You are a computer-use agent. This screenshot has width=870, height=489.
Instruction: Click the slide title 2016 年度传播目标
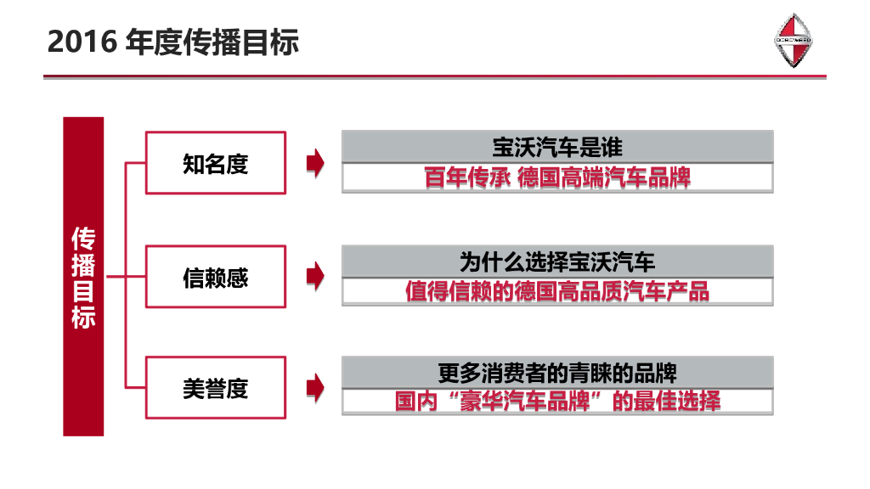(x=173, y=42)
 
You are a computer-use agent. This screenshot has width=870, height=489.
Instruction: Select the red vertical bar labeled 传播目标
(x=83, y=276)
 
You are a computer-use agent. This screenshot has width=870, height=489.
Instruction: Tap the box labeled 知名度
(x=215, y=163)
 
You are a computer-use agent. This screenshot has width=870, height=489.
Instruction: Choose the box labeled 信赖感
(x=215, y=277)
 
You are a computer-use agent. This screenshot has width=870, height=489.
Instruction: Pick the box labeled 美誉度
(x=215, y=389)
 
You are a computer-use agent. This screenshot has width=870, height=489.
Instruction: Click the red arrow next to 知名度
(x=315, y=163)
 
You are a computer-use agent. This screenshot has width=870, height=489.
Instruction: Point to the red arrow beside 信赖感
(x=315, y=276)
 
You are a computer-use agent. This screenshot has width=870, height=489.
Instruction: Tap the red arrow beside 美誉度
(x=315, y=388)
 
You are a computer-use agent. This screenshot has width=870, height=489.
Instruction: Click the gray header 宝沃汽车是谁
(x=557, y=148)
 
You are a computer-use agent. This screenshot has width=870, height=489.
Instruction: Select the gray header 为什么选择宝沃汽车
(x=557, y=261)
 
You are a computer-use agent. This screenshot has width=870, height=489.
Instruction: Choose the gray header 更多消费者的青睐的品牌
(x=557, y=373)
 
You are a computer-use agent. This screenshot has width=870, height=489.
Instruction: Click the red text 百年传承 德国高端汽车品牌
(x=557, y=177)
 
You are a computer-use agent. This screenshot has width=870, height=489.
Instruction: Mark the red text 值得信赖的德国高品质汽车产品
(x=557, y=291)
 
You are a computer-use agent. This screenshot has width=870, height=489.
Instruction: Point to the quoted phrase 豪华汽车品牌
(x=521, y=401)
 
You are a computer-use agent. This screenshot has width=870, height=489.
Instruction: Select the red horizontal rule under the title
(x=434, y=77)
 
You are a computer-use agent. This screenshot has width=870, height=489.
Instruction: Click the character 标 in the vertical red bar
(x=83, y=318)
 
